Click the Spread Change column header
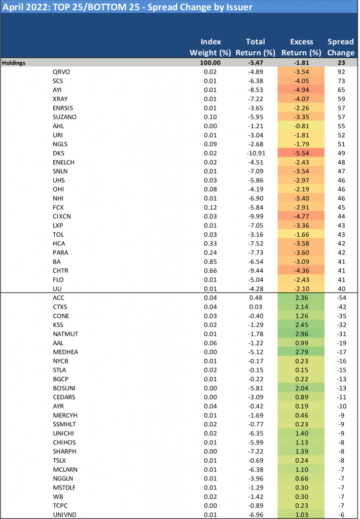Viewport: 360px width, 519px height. pyautogui.click(x=341, y=47)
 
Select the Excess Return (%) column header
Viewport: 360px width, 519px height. pyautogui.click(x=301, y=47)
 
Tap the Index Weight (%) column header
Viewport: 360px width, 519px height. pyautogui.click(x=210, y=47)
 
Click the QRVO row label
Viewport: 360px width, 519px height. pyautogui.click(x=61, y=72)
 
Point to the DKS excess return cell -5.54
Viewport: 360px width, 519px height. pyautogui.click(x=301, y=153)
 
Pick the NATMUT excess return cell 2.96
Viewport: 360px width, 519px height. pyautogui.click(x=301, y=334)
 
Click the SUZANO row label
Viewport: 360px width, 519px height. pyautogui.click(x=64, y=117)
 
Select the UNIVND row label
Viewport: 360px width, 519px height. pyautogui.click(x=64, y=514)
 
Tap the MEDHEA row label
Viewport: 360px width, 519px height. pyautogui.click(x=64, y=352)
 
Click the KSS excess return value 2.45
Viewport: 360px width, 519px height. pyautogui.click(x=301, y=325)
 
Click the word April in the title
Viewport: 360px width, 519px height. pyautogui.click(x=15, y=7)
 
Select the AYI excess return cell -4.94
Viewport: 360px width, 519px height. pyautogui.click(x=301, y=90)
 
